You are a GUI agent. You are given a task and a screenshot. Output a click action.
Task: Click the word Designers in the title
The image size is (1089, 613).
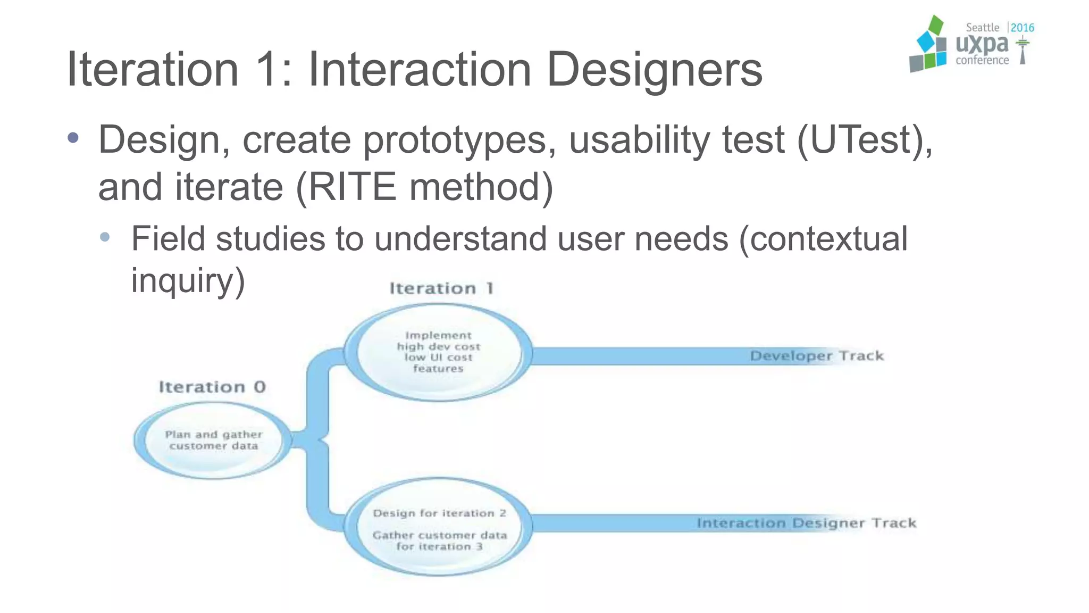tap(654, 70)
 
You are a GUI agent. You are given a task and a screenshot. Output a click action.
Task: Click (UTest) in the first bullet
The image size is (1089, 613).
tap(864, 140)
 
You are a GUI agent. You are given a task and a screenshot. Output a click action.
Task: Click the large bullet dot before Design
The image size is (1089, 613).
tap(73, 138)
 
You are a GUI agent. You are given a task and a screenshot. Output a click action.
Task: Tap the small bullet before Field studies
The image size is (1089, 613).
tap(105, 237)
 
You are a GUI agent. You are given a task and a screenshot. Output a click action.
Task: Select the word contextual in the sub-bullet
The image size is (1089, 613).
tap(824, 239)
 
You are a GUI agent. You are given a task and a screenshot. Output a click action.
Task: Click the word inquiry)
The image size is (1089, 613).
tap(188, 280)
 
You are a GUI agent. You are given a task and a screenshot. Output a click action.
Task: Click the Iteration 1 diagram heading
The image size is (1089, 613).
tap(441, 288)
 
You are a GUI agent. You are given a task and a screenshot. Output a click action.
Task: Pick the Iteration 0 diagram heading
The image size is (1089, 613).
tap(212, 387)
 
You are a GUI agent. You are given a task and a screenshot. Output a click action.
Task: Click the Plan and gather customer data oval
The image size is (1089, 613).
tap(213, 441)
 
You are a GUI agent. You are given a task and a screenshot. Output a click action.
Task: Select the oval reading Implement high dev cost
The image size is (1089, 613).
tap(438, 352)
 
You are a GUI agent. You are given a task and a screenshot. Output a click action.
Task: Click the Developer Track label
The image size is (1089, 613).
tap(816, 355)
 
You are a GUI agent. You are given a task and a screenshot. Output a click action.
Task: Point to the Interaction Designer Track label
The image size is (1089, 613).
tap(806, 523)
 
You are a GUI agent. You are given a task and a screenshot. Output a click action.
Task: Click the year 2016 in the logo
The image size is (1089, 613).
tap(1022, 28)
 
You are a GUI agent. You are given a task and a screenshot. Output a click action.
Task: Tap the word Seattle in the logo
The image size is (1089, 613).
tap(982, 28)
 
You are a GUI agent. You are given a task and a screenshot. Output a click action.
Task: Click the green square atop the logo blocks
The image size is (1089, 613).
tap(935, 25)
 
